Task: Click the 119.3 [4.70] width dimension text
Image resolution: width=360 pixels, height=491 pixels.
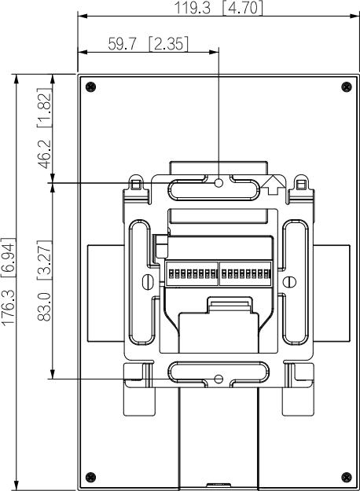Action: pos(219,8)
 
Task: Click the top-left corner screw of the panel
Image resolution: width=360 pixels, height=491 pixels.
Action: pos(90,86)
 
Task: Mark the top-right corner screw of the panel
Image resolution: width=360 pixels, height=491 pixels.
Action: pos(346,86)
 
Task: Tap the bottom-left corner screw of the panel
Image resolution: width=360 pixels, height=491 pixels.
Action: pos(90,476)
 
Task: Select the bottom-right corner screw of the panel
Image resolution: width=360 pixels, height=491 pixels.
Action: pos(346,476)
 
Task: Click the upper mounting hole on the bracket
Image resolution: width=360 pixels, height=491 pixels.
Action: pos(219,183)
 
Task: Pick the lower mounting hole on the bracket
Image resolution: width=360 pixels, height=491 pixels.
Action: pos(219,379)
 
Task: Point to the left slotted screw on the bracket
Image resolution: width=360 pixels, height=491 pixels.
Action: pos(147,280)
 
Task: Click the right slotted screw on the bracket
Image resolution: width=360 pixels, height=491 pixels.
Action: pos(290,280)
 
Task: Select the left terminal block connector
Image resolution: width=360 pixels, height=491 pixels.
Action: pos(192,274)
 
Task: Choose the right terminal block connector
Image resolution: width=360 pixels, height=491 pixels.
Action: pos(245,274)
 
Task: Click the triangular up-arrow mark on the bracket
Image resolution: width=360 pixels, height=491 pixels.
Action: pos(273,184)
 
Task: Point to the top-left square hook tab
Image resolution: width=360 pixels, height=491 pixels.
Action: pos(136,184)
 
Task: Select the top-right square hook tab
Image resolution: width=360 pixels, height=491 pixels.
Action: pos(301,184)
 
